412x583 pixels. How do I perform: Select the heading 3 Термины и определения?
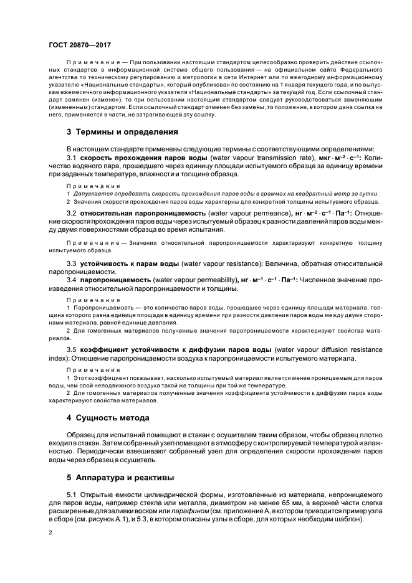click(122, 132)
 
